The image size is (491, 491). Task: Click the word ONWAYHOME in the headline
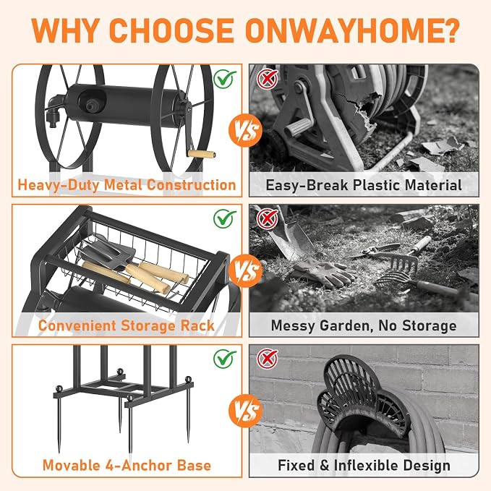[352, 30]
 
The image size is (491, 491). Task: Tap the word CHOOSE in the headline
[172, 30]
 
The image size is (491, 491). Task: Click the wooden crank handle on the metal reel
[201, 154]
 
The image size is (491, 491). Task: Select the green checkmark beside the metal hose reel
[225, 79]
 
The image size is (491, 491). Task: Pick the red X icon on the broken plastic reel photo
[267, 78]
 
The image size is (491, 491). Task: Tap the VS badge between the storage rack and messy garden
[246, 270]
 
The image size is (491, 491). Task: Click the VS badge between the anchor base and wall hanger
[246, 411]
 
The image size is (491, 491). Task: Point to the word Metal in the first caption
[123, 184]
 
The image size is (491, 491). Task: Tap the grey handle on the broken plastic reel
[298, 126]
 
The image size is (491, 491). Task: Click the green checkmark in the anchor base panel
[225, 359]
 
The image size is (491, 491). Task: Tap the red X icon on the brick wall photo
[267, 359]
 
